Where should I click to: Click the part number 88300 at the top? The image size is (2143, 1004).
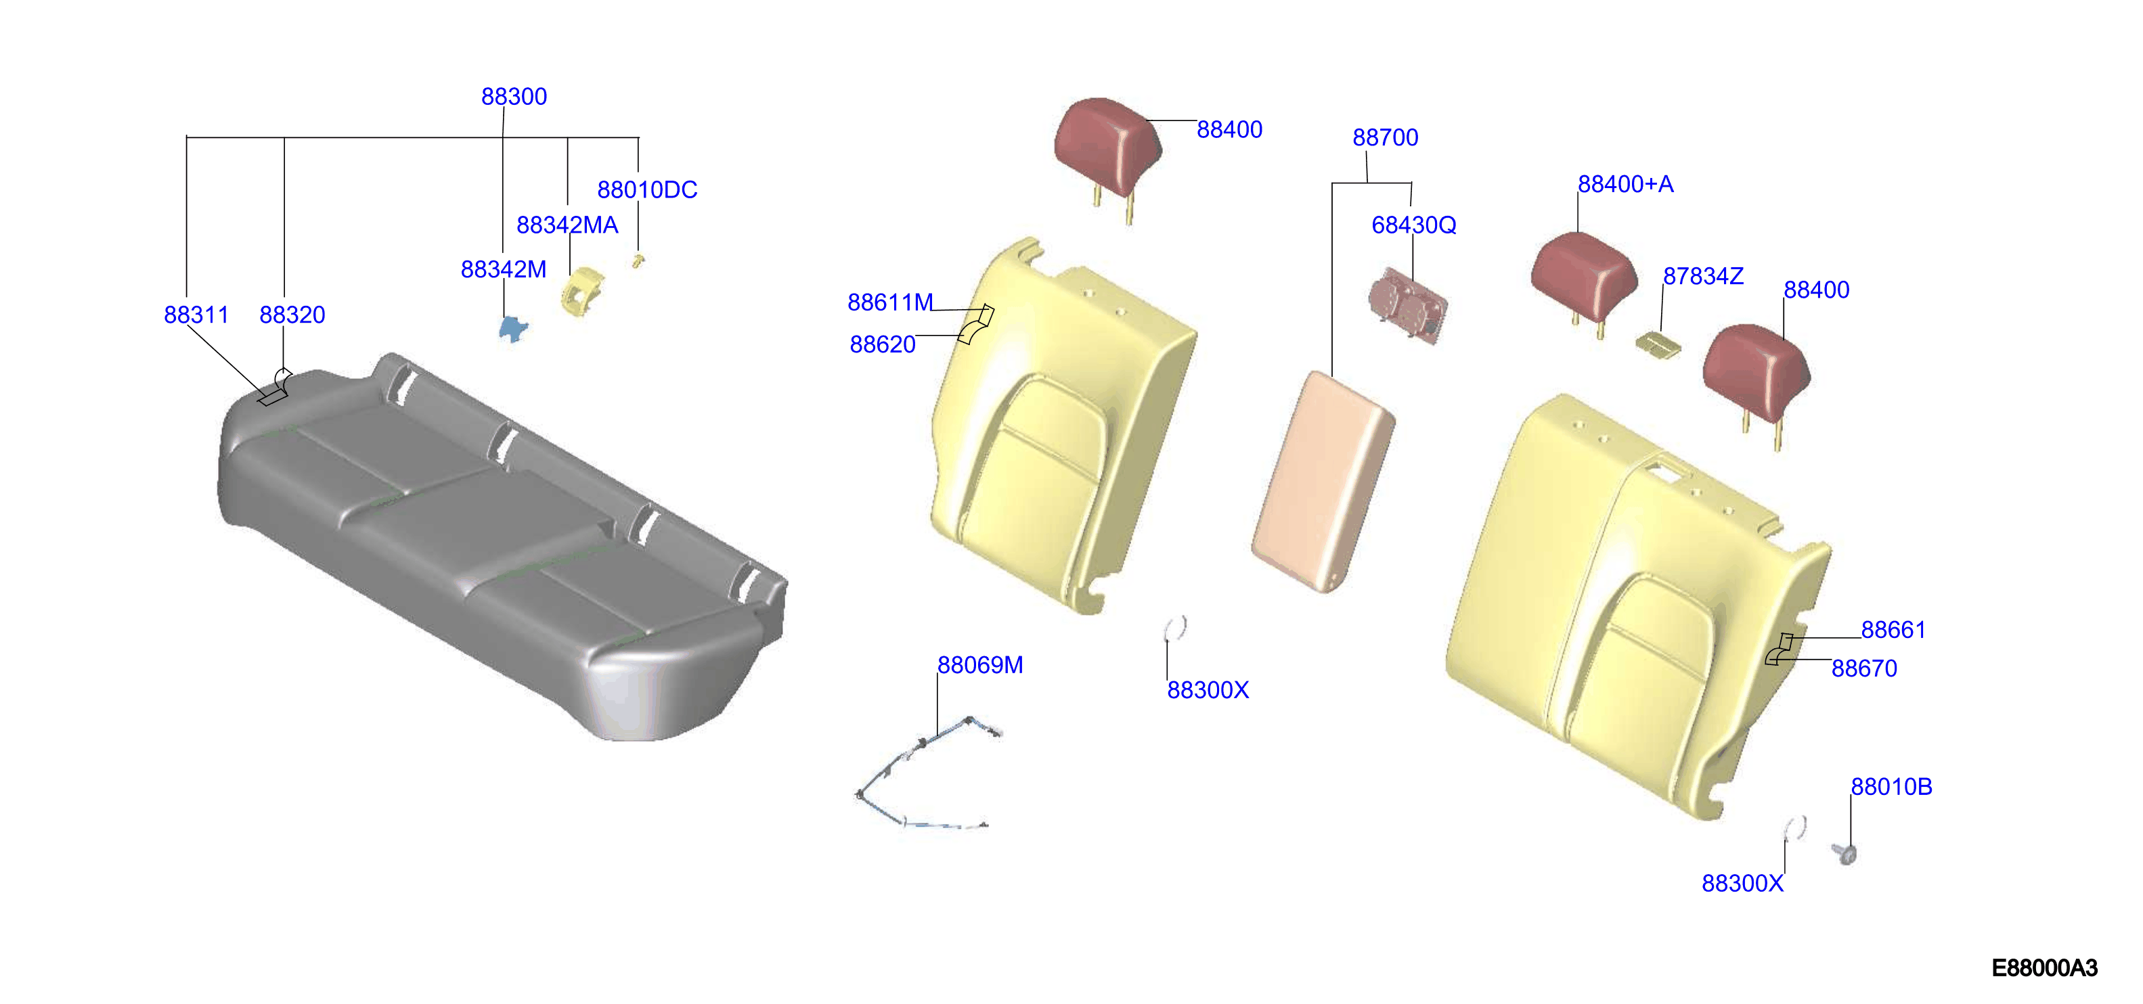tap(514, 97)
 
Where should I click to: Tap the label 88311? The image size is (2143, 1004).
tap(196, 315)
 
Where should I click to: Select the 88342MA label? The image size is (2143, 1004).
tap(567, 225)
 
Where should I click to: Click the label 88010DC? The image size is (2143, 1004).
tap(647, 189)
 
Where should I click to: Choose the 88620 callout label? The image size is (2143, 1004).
tap(883, 344)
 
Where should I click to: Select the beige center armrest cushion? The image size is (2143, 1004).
tap(1323, 481)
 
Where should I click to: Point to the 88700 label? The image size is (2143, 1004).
tap(1385, 137)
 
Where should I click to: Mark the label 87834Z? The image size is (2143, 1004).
tap(1703, 276)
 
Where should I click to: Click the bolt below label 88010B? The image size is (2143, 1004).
tap(1845, 853)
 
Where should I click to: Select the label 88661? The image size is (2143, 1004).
tap(1893, 630)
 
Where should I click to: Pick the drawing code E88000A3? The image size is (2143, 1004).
tap(2044, 967)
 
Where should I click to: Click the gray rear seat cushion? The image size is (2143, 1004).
tap(499, 541)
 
